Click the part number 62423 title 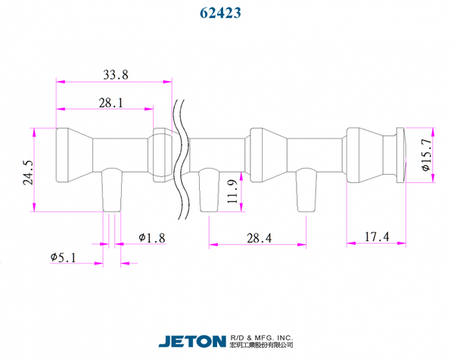(x=220, y=13)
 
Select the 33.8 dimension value (x=116, y=75)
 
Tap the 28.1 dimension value (x=111, y=103)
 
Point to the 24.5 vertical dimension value (x=29, y=172)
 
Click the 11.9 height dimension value (x=232, y=191)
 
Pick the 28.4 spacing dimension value (x=259, y=238)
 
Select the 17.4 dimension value (x=376, y=237)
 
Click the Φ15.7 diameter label (x=426, y=155)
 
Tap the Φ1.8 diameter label (x=152, y=238)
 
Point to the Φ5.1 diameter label (x=63, y=257)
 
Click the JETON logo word (x=192, y=342)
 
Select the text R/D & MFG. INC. (x=262, y=338)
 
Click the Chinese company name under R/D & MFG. (x=262, y=345)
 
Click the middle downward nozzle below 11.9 (x=209, y=190)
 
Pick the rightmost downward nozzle (x=306, y=190)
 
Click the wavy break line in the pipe (x=182, y=160)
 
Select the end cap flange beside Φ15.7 (x=401, y=155)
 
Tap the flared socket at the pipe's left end (x=74, y=155)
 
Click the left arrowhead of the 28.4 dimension (x=213, y=245)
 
